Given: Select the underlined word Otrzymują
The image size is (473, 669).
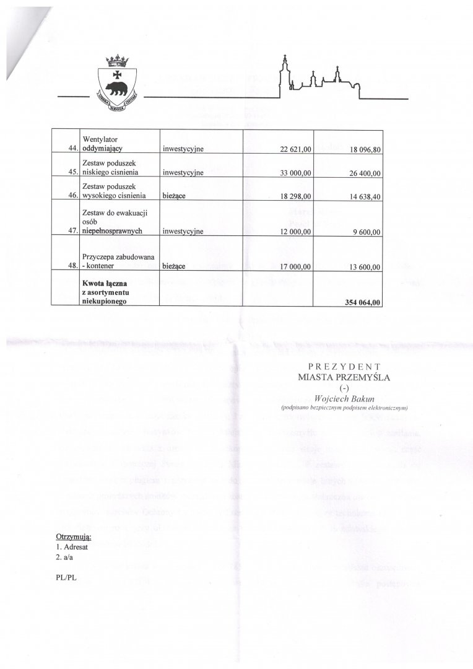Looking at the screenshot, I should point(74,536).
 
